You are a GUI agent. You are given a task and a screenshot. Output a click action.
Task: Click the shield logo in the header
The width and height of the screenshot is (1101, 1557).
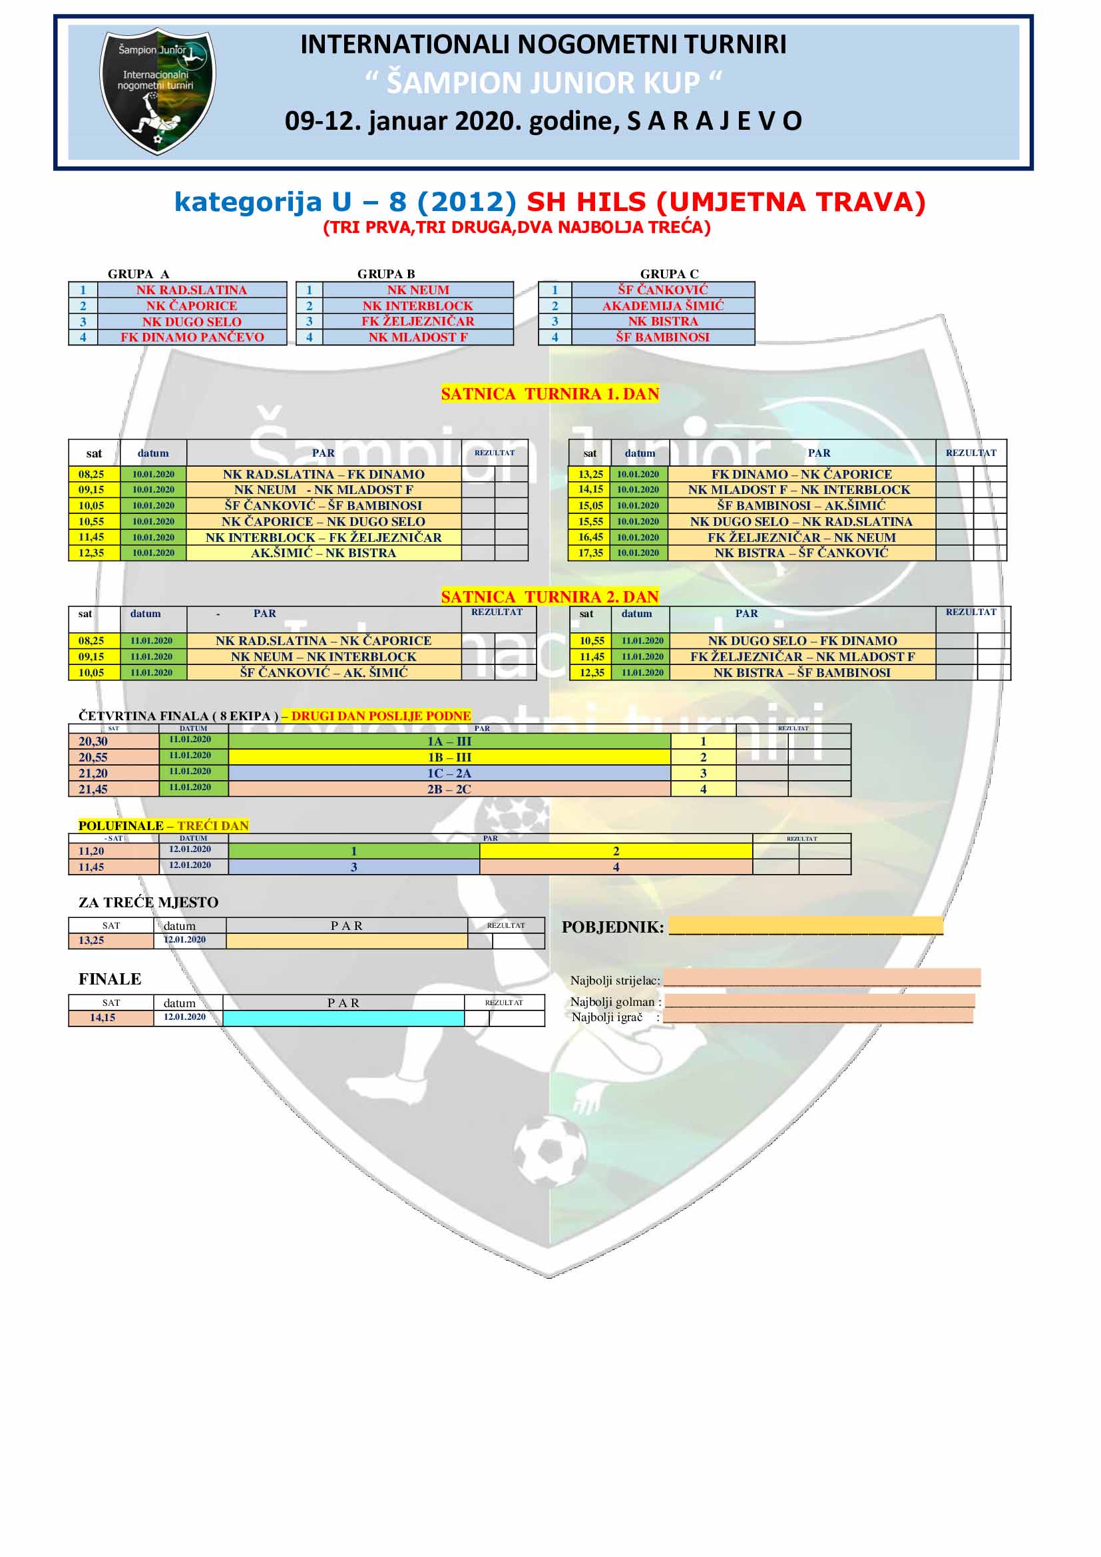[x=157, y=91]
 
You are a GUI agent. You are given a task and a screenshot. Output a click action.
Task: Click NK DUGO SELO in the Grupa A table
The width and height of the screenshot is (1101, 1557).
[x=192, y=322]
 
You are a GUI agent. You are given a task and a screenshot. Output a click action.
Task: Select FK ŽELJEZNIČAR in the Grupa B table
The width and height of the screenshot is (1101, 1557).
[x=417, y=322]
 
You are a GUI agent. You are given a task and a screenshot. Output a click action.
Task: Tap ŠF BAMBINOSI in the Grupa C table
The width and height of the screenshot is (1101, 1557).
[x=662, y=337]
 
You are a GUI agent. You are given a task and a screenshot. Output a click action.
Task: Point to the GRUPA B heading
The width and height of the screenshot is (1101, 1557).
[x=386, y=274]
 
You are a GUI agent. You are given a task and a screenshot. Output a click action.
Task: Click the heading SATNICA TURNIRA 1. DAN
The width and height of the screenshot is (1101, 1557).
[x=550, y=394]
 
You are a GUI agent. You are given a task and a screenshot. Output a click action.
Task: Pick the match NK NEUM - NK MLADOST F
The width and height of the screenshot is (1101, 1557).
[x=324, y=490]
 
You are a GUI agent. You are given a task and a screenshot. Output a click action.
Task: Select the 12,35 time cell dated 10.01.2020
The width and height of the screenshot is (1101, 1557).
[x=91, y=553]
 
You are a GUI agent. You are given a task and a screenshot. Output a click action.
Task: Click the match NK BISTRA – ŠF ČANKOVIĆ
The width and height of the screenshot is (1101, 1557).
[x=801, y=553]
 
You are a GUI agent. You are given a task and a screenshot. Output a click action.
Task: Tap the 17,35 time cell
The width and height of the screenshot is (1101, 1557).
[x=590, y=553]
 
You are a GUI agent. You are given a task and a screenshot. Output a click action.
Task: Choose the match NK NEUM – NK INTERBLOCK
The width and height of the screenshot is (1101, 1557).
[x=324, y=656]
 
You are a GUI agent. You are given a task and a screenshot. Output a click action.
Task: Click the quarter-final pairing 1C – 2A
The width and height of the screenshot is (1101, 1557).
[x=449, y=773]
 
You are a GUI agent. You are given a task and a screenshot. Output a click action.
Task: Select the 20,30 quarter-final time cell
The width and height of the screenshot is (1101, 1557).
[x=93, y=741]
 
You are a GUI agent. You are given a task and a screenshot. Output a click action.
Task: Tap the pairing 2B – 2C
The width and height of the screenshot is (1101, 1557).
[x=449, y=789]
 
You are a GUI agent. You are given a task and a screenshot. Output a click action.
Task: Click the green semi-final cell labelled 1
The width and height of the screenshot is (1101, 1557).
[x=354, y=851]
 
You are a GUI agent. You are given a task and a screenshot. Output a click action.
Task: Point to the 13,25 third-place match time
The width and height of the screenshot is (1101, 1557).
[x=91, y=940]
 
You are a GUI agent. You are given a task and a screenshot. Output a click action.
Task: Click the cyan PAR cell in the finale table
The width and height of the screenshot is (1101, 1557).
[x=343, y=1018]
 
